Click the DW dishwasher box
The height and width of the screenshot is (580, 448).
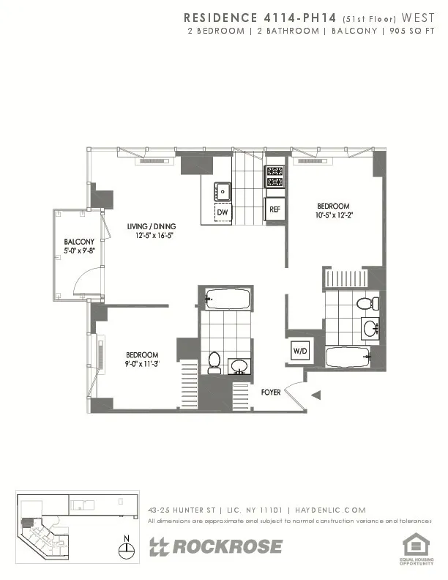click(x=223, y=212)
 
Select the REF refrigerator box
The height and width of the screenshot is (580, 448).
click(x=275, y=209)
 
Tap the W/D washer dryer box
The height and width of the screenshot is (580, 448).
click(x=301, y=352)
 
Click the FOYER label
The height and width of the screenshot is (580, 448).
click(x=271, y=393)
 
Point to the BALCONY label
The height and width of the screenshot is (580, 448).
click(x=78, y=242)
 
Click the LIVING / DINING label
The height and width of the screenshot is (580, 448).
click(x=151, y=226)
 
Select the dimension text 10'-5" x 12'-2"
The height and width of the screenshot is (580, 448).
click(x=333, y=215)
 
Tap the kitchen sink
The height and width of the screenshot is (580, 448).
click(x=223, y=190)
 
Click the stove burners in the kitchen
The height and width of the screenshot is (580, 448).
click(x=275, y=176)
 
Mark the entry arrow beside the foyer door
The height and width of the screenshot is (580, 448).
click(x=316, y=395)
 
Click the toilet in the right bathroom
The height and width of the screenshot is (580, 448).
click(x=364, y=302)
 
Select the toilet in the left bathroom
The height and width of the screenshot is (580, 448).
click(x=214, y=362)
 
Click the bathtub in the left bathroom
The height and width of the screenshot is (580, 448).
click(x=228, y=298)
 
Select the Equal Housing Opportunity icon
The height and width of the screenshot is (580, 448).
click(x=417, y=546)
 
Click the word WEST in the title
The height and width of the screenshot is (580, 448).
click(x=414, y=17)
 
